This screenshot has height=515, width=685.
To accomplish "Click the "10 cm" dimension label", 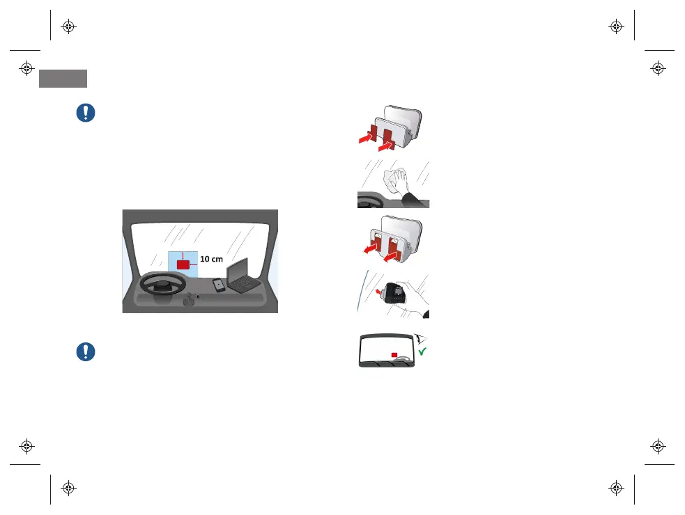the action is click(x=211, y=259).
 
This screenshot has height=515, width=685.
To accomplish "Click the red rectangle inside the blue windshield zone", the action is click(x=183, y=264).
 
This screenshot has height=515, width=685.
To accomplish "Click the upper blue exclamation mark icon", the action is click(x=86, y=113).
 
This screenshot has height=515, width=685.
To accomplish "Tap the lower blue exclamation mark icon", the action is click(x=86, y=351).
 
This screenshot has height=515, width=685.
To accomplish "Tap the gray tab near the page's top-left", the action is click(x=63, y=78).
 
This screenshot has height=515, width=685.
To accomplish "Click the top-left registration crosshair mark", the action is click(x=68, y=27).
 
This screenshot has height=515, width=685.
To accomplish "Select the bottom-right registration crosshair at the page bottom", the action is click(x=615, y=488).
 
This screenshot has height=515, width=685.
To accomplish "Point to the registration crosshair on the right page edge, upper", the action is click(x=658, y=68).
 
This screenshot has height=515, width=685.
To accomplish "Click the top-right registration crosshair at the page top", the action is click(x=615, y=27).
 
